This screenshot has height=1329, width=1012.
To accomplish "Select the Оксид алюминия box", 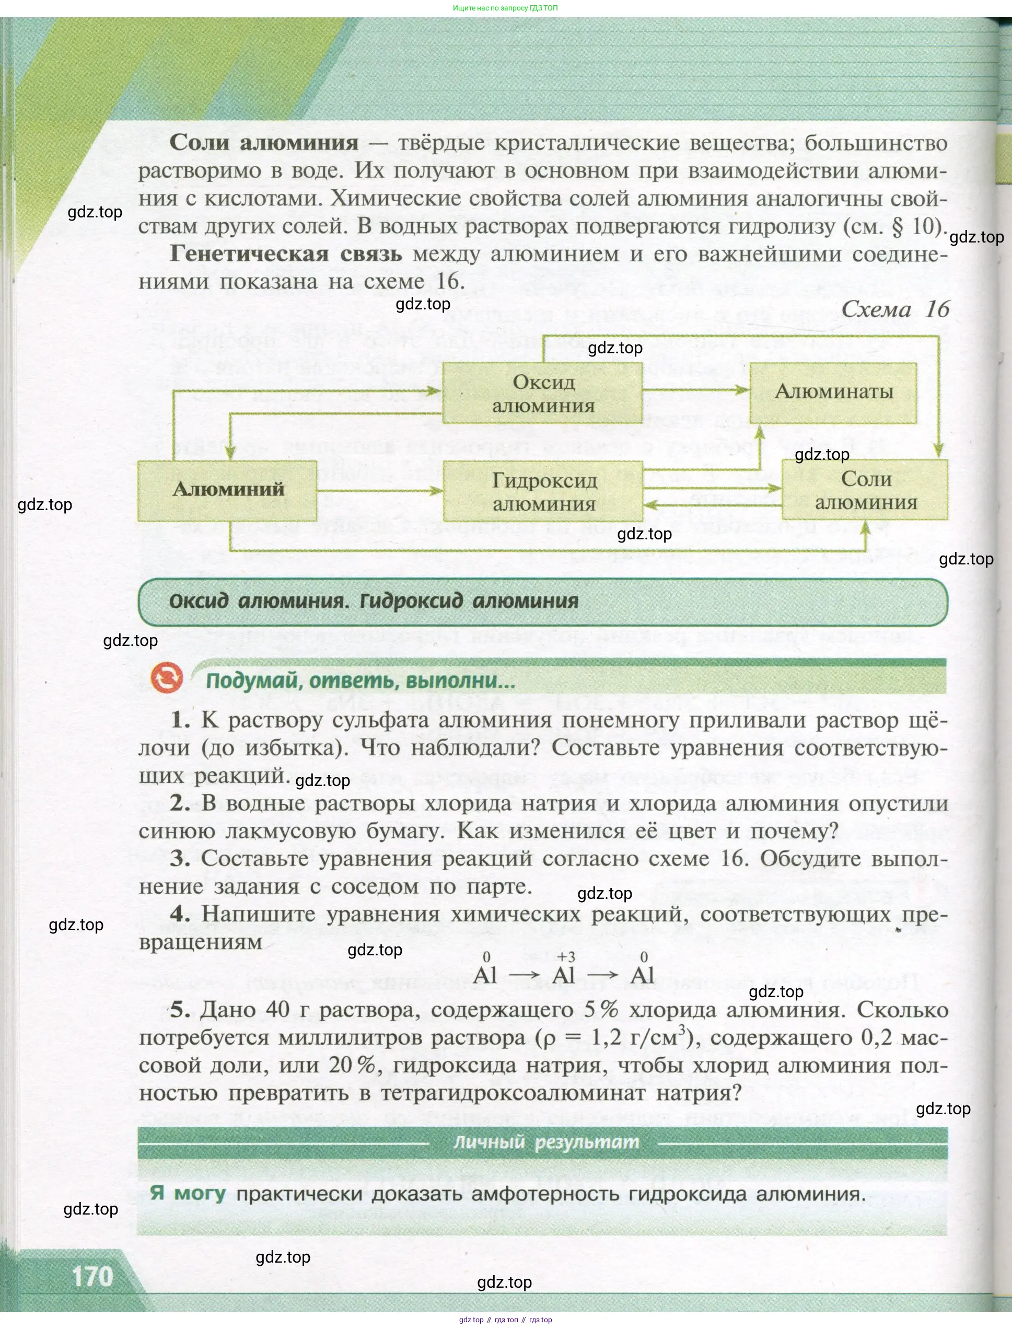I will tap(542, 394).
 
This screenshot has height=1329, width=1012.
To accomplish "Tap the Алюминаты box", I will tap(833, 392).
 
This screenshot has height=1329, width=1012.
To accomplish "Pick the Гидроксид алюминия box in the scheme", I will tap(543, 492).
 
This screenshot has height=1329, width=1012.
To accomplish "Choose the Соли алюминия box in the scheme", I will tap(865, 490).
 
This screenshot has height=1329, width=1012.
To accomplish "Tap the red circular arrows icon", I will tap(167, 678).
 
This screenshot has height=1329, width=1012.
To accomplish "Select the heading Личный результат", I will tap(546, 1142).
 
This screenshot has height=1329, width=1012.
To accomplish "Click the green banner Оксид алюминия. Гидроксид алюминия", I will tap(374, 601).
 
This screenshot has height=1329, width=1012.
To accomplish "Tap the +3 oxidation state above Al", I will tap(566, 957).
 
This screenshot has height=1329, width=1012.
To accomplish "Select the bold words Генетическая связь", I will tap(286, 253).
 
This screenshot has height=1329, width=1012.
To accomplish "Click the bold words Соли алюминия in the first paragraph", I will tap(264, 143).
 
